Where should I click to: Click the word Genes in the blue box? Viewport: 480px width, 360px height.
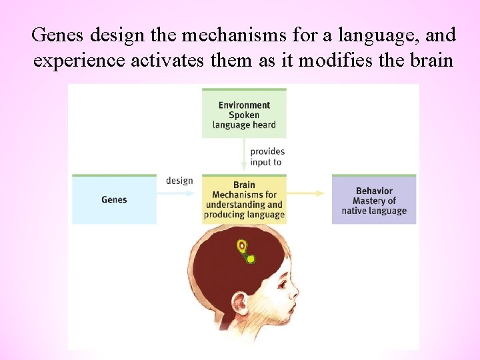click(x=114, y=199)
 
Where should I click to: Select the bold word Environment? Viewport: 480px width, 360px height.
click(x=244, y=105)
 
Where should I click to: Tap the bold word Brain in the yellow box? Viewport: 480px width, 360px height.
click(x=244, y=185)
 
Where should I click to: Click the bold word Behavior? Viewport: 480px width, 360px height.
click(x=374, y=191)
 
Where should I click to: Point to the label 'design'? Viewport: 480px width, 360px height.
click(x=179, y=181)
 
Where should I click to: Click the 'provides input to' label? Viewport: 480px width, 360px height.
click(x=267, y=157)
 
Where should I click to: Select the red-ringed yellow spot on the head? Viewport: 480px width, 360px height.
click(x=242, y=245)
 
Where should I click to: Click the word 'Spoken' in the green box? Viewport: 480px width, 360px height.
click(x=244, y=115)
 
